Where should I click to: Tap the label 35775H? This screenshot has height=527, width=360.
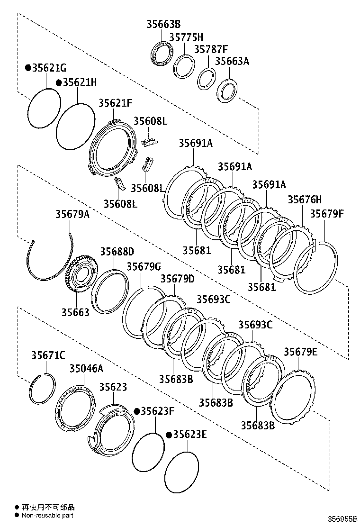coord(186,37)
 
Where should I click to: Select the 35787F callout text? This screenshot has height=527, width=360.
coord(210,49)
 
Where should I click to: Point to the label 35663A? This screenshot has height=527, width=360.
coord(232,61)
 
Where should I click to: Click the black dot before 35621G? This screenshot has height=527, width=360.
coord(28,68)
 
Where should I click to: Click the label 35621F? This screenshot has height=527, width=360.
coord(115,103)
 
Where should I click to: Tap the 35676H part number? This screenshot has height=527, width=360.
coord(305,200)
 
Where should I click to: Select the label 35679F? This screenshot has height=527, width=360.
coord(327,214)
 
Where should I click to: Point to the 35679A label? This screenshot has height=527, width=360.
coord(72,214)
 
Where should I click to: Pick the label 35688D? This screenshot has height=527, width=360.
coord(117,251)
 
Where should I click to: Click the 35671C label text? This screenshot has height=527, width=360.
coord(48,355)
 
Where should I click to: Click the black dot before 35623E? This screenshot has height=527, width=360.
coord(169,435)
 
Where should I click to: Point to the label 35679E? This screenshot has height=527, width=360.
coord(301,352)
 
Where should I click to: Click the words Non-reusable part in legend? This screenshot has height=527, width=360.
coord(47,515)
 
